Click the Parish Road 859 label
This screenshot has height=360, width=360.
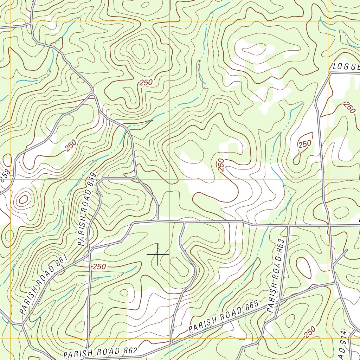point(86,209)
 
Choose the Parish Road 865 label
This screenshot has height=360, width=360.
point(224,317)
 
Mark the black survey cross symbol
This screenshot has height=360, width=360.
point(158,254)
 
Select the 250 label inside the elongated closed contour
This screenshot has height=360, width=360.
point(304,144)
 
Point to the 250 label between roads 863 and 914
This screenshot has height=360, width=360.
point(309,332)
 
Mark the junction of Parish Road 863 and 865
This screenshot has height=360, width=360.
point(278,302)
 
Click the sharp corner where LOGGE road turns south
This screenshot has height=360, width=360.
point(330,73)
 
